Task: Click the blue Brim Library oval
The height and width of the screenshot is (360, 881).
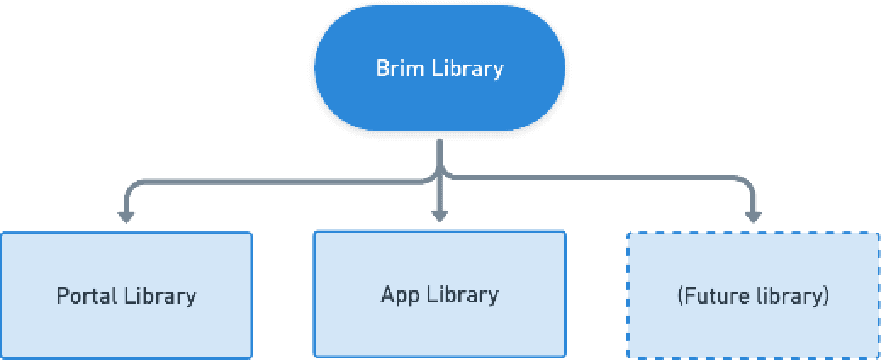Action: (440, 68)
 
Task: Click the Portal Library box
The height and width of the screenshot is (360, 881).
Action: (126, 295)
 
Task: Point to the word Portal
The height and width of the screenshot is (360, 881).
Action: (87, 295)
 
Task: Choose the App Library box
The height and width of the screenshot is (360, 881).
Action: (440, 294)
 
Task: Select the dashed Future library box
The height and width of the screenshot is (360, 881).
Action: (753, 295)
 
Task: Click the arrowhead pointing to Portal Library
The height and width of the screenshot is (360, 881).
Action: (126, 217)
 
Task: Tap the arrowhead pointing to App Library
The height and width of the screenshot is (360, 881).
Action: (440, 216)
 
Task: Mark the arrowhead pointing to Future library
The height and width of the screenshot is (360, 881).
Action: (753, 217)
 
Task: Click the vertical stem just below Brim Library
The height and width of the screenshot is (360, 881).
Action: (440, 153)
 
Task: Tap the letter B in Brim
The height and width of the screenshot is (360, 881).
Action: (382, 69)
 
